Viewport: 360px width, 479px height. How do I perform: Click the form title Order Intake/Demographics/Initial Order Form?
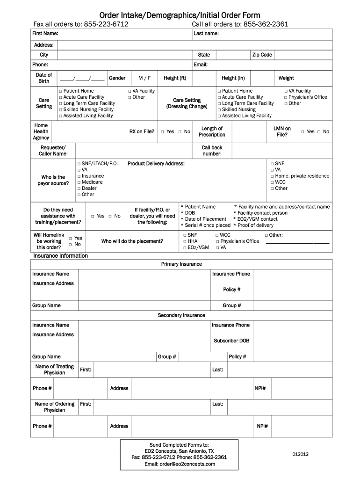tap(180, 15)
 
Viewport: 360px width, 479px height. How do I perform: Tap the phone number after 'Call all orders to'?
tap(266, 24)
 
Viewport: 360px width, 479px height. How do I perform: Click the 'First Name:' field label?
tap(45, 34)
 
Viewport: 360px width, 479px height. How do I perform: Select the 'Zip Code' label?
tap(262, 55)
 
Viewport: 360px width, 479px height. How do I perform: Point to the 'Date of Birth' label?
tap(44, 78)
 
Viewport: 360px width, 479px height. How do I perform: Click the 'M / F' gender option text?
tap(144, 78)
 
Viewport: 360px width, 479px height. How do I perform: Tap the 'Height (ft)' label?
tap(175, 78)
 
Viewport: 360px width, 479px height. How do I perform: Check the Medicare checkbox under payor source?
tap(79, 182)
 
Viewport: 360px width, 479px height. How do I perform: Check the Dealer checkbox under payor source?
tap(79, 189)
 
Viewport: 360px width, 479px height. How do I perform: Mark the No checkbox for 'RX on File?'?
tap(180, 132)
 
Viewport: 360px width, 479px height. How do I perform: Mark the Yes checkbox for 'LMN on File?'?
tap(303, 132)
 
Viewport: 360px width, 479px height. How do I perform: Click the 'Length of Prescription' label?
tap(212, 131)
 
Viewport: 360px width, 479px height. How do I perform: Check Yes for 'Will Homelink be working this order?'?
tap(71, 239)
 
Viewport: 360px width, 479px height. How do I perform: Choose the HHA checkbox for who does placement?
tap(185, 241)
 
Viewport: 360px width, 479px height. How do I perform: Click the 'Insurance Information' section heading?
tap(60, 256)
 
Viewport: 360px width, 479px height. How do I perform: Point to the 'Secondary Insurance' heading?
tap(181, 315)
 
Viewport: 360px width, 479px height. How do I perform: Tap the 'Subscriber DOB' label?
tap(231, 341)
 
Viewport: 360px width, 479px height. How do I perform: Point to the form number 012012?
tap(301, 454)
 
